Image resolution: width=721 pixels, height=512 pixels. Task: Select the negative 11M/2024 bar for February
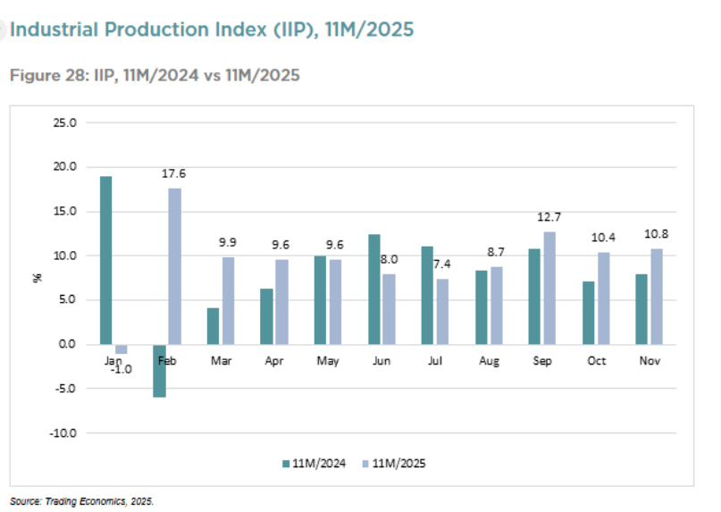(x=159, y=371)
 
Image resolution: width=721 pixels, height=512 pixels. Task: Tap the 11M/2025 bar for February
(x=174, y=265)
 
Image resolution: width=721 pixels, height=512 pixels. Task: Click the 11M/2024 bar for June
(x=373, y=289)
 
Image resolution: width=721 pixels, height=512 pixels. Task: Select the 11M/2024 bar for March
(x=213, y=326)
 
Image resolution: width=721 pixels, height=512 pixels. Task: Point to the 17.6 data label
(x=174, y=174)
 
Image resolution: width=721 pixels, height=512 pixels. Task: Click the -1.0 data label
(x=121, y=368)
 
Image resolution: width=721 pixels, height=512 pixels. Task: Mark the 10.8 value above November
(x=657, y=235)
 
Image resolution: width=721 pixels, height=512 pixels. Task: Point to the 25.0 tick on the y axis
(x=66, y=122)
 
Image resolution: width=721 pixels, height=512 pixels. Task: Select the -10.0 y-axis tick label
(x=64, y=432)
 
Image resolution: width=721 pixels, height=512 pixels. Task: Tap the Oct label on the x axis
(x=596, y=360)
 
